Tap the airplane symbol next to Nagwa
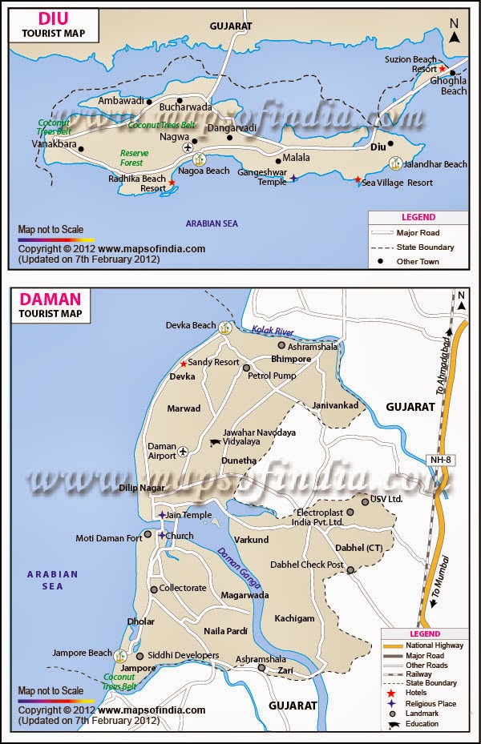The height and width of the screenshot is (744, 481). [x=188, y=147]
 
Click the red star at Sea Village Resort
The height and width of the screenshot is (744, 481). [x=358, y=180]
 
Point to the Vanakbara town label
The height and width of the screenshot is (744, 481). [x=54, y=144]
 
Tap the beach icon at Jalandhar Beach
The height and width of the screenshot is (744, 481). [x=395, y=163]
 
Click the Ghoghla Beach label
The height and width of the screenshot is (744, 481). [x=454, y=86]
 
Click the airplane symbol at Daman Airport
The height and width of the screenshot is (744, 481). [x=184, y=451]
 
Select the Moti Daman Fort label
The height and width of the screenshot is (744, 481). [x=108, y=538]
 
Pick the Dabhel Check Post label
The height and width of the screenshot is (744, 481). [x=306, y=565]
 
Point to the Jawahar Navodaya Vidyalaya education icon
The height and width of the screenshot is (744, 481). [x=214, y=442]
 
